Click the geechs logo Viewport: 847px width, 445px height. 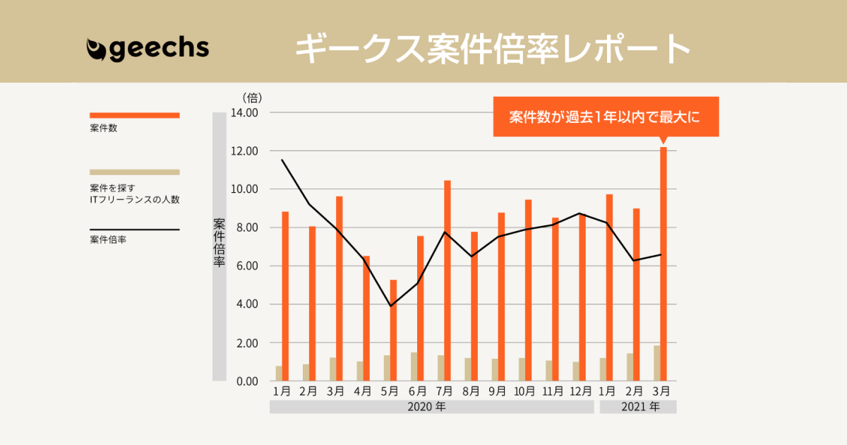pyautogui.click(x=148, y=48)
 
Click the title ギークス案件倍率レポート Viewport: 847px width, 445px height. pyautogui.click(x=492, y=49)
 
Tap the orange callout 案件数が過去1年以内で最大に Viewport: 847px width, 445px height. pyautogui.click(x=605, y=117)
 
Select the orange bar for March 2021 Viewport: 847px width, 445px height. pyautogui.click(x=663, y=263)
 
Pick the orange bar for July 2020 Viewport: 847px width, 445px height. pyautogui.click(x=447, y=280)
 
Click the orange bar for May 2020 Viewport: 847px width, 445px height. pyautogui.click(x=393, y=330)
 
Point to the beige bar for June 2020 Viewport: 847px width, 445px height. pyautogui.click(x=414, y=367)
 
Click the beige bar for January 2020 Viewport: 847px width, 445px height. pyautogui.click(x=279, y=373)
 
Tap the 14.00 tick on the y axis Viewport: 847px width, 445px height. pyautogui.click(x=245, y=113)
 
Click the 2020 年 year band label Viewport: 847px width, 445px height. pyautogui.click(x=431, y=407)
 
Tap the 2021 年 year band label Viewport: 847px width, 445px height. pyautogui.click(x=640, y=407)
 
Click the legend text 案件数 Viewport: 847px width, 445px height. pyautogui.click(x=104, y=129)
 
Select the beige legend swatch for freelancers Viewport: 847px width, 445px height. pyautogui.click(x=134, y=172)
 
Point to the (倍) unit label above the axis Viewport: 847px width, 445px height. pyautogui.click(x=252, y=97)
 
